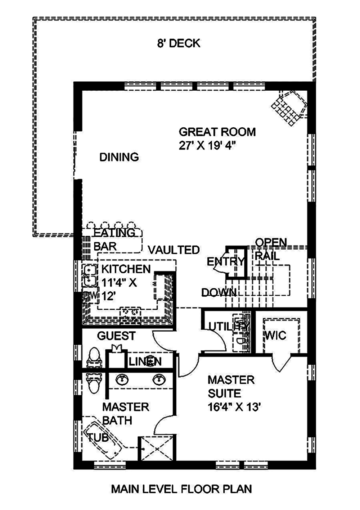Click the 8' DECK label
[x=179, y=44]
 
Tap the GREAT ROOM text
[x=217, y=132]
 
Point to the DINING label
[x=119, y=157]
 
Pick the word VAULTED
[x=174, y=250]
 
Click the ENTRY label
[x=225, y=261]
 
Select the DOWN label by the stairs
[x=219, y=293]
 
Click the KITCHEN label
[x=126, y=269]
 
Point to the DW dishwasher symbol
[x=90, y=296]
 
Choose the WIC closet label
[x=275, y=336]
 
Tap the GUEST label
[x=116, y=336]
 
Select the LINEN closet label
[x=145, y=362]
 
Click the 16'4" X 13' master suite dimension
[x=234, y=407]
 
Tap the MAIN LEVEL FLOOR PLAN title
[x=181, y=489]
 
